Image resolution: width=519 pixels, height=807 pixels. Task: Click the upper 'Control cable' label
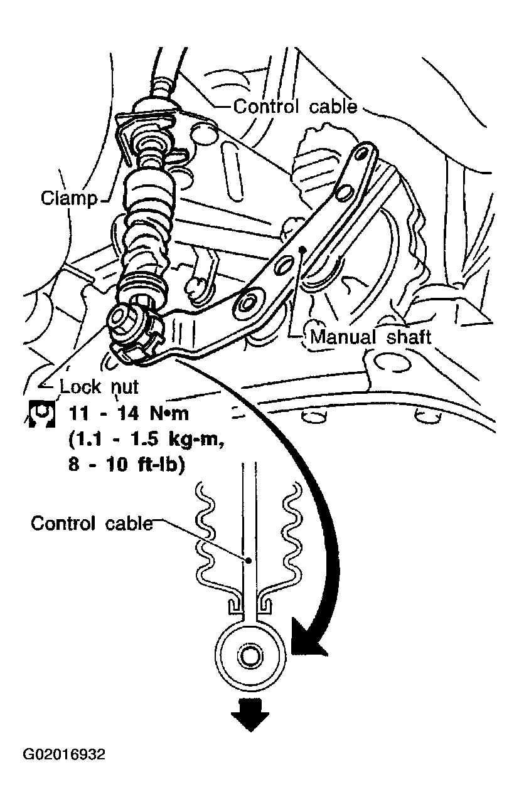[295, 107]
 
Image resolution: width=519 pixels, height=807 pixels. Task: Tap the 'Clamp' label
[69, 199]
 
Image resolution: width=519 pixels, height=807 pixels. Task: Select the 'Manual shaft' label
[371, 337]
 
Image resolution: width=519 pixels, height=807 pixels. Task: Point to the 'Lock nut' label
[99, 386]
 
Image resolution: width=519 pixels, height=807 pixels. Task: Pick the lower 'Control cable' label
[92, 522]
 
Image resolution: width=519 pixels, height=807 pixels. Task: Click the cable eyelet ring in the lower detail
[250, 657]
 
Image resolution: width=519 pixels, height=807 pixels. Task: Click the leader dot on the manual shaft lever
[303, 249]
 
